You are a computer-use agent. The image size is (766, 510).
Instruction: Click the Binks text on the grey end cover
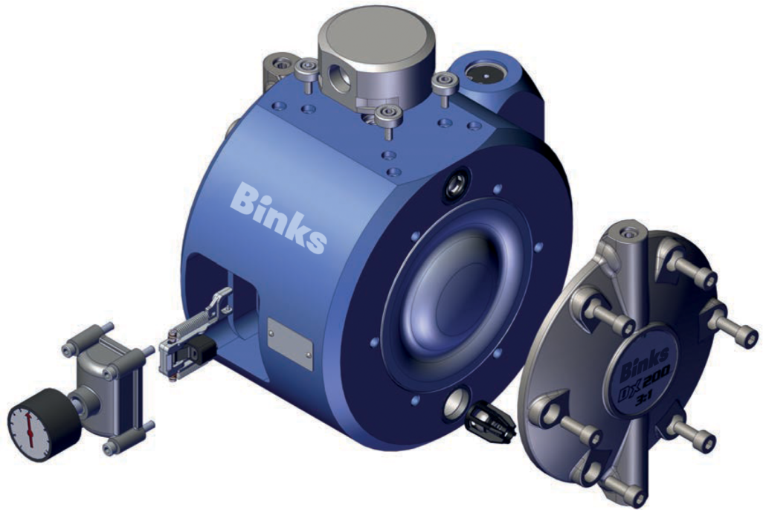[x=643, y=365]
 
